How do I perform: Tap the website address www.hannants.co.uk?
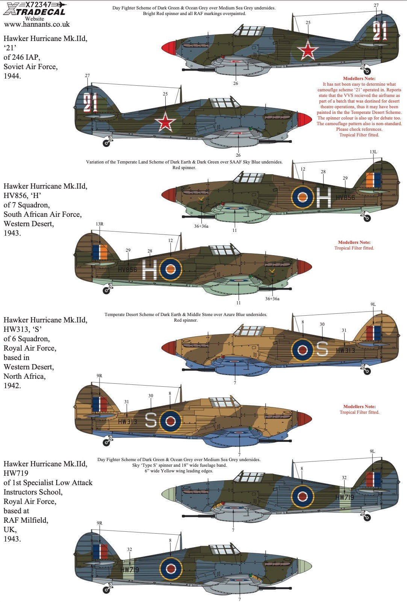37,24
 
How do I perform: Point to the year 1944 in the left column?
12,76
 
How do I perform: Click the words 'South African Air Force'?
42,214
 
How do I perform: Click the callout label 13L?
373,152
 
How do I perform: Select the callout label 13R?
100,224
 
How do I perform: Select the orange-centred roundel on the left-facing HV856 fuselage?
171,269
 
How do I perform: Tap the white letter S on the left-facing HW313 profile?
151,420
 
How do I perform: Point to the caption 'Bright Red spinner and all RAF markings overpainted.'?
194,14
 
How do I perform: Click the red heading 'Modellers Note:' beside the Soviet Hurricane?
359,79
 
